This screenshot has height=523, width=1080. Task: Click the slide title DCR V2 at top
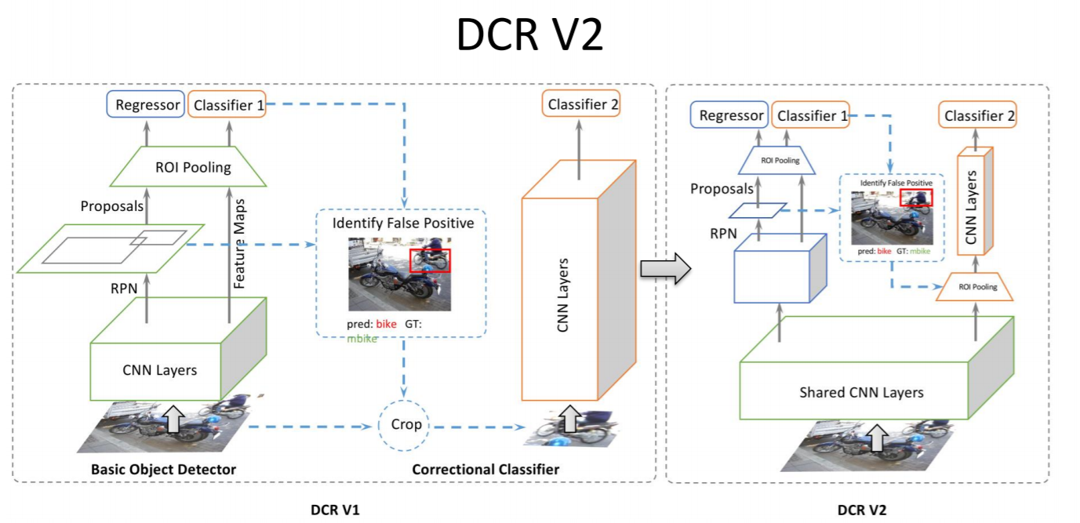click(530, 36)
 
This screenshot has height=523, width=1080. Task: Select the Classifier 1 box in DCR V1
click(227, 105)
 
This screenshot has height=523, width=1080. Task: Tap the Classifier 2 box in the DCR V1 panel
click(581, 104)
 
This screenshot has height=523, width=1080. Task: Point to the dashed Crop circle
click(405, 424)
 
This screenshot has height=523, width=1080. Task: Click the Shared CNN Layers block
click(860, 392)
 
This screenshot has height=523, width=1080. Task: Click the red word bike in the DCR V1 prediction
click(387, 324)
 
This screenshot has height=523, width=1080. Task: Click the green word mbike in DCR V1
click(362, 339)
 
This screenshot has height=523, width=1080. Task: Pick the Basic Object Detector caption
click(164, 469)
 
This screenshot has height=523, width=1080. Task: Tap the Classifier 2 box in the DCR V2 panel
click(979, 116)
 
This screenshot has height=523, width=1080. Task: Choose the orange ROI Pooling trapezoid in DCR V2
click(976, 287)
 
